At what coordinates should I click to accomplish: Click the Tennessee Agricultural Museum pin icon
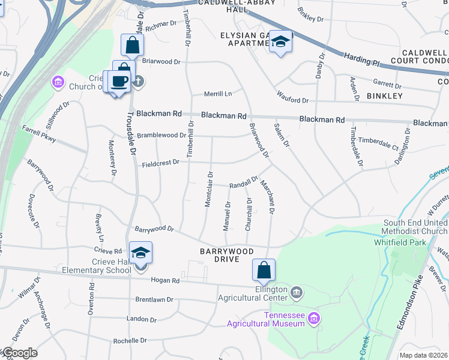[313, 317]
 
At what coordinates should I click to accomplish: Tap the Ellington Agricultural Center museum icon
[297, 293]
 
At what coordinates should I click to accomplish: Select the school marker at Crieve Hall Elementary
[140, 253]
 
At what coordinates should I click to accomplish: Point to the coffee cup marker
[119, 81]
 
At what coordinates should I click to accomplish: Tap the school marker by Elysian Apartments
[279, 41]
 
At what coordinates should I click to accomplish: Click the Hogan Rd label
[167, 280]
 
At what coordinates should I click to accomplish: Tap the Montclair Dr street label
[209, 190]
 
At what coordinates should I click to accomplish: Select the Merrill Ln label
[217, 94]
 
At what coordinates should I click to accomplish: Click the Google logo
[19, 353]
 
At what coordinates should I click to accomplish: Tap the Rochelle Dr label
[130, 341]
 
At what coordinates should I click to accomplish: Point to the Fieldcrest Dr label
[160, 163]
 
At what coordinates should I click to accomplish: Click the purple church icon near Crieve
[58, 82]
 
